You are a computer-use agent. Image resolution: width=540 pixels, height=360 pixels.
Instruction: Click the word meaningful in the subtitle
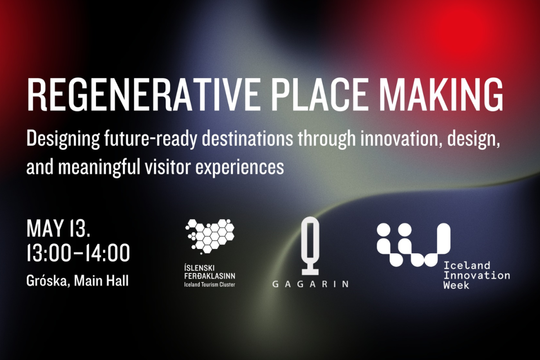(x=99, y=167)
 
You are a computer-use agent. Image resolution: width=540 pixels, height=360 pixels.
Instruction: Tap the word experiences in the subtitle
(x=239, y=168)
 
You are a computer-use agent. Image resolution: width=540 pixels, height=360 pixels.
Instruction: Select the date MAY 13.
(x=58, y=228)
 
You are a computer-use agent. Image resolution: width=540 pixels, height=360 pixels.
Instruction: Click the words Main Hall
(x=101, y=280)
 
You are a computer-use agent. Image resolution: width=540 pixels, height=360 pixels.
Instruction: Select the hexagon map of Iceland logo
(x=210, y=236)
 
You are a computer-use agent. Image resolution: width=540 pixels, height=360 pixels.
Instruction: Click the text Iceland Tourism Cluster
(x=210, y=284)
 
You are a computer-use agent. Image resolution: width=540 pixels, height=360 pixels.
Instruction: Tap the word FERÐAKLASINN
(x=210, y=276)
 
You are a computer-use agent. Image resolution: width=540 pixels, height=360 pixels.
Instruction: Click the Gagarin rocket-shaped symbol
(x=310, y=246)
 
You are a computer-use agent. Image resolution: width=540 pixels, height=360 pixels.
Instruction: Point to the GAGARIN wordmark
(x=310, y=284)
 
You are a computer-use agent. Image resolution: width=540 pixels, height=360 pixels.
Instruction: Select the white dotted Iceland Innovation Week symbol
(x=414, y=245)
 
